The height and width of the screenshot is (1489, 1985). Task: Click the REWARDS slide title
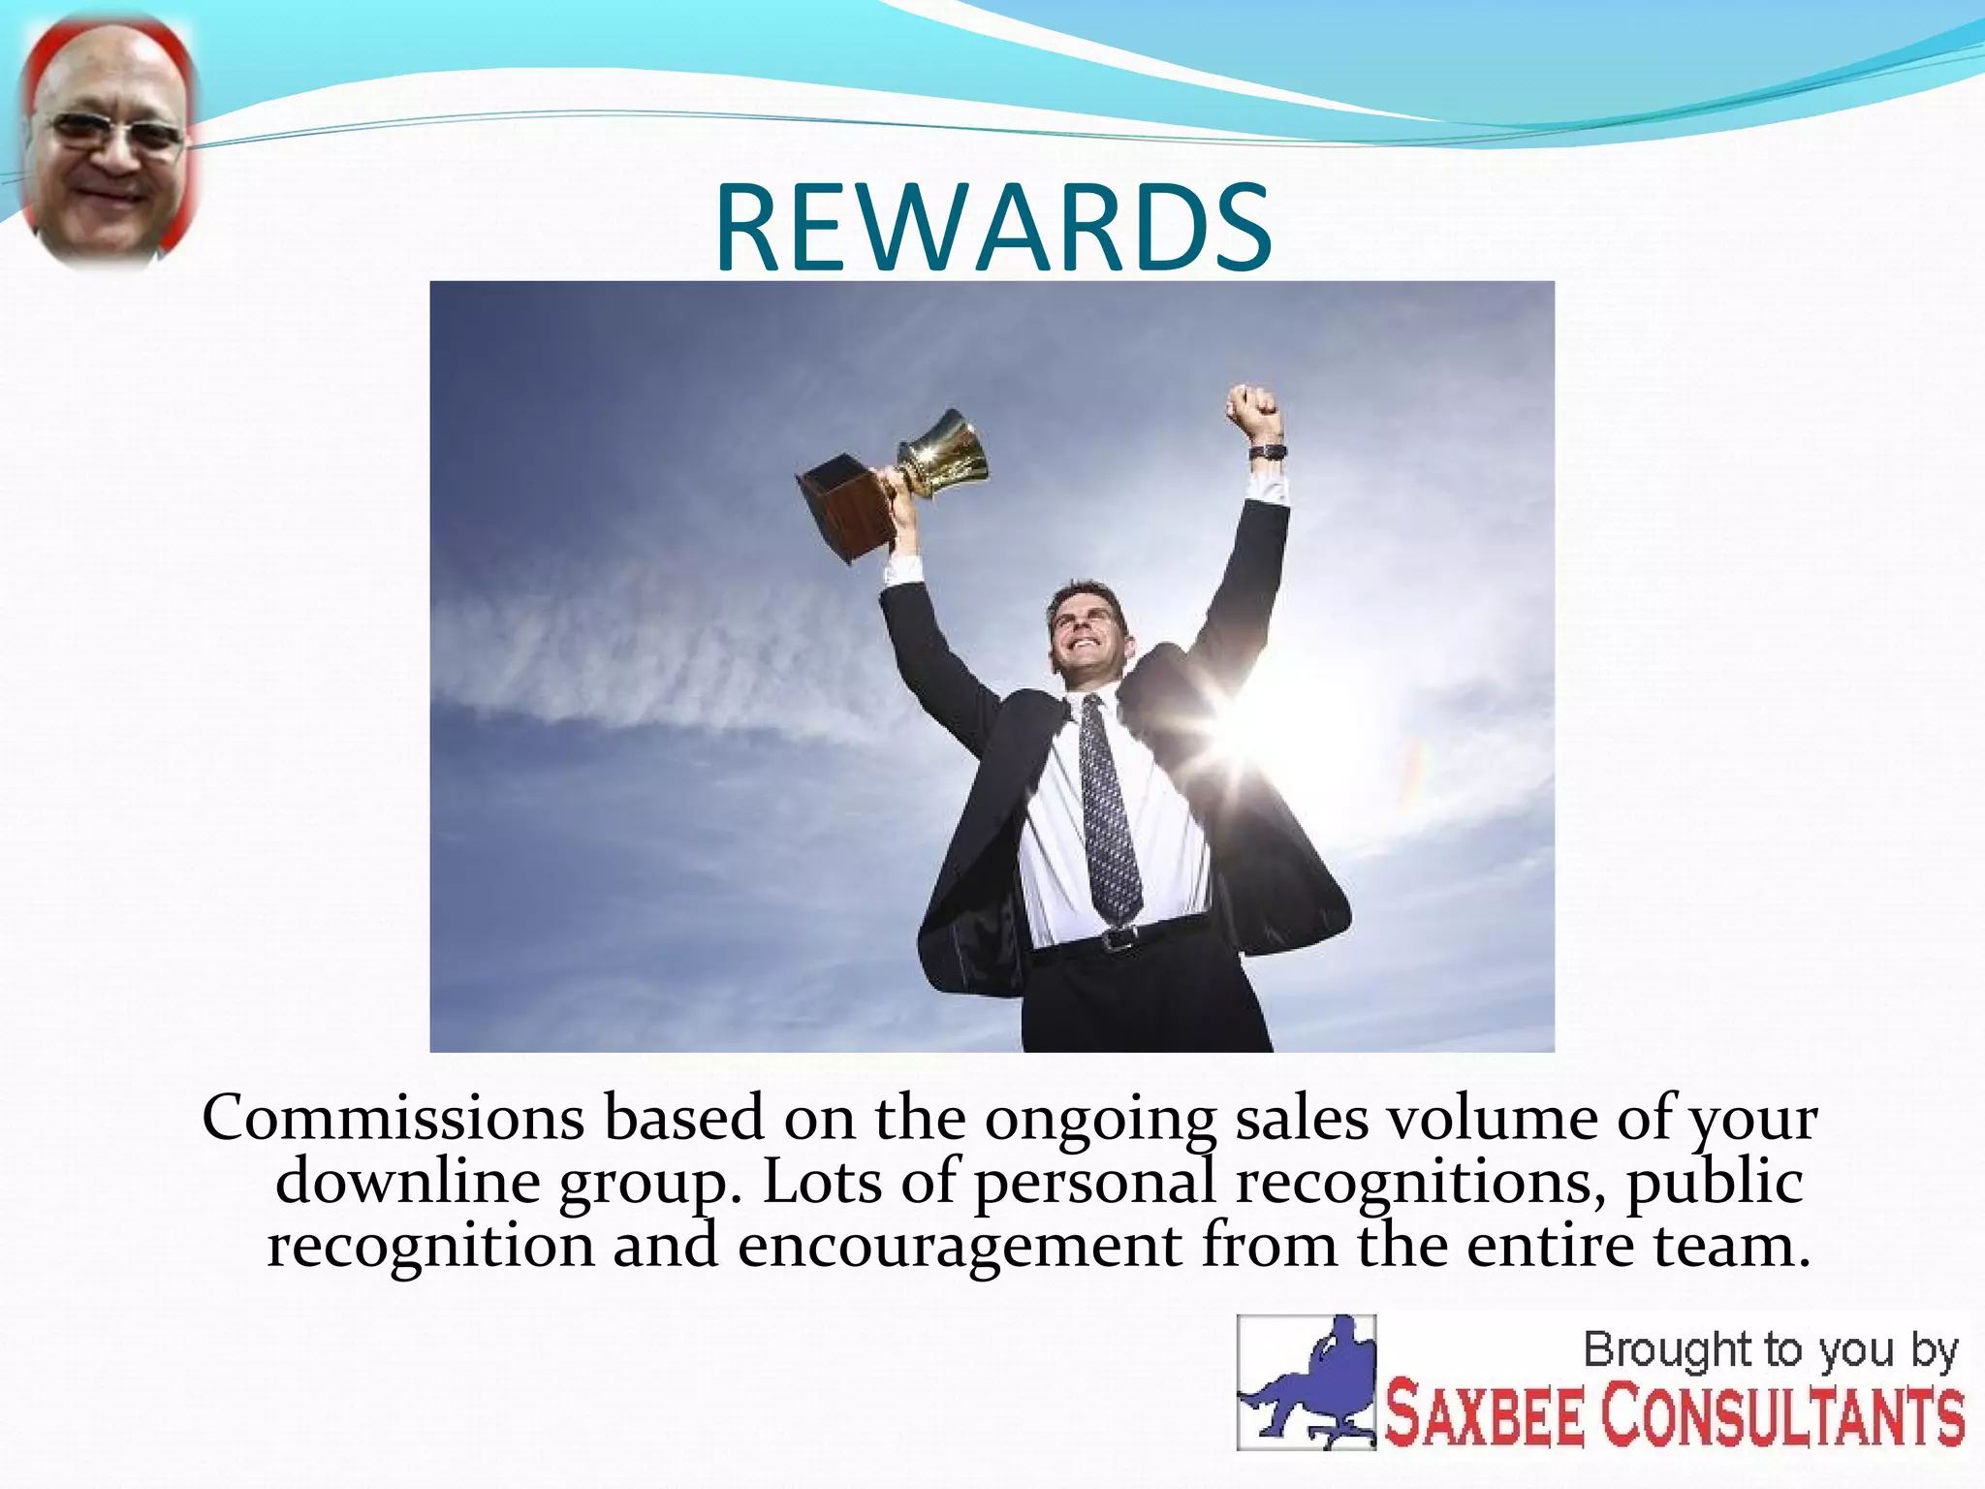(x=993, y=229)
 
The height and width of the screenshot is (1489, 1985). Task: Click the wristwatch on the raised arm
(x=1266, y=453)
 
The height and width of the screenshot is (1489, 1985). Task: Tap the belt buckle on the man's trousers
(x=1120, y=938)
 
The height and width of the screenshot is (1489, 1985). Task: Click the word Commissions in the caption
(x=393, y=1119)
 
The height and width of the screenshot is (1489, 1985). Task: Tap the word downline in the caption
(x=407, y=1182)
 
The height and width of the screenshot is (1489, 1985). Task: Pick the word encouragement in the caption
(x=959, y=1246)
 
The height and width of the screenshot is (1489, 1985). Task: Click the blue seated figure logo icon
(x=1307, y=1381)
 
